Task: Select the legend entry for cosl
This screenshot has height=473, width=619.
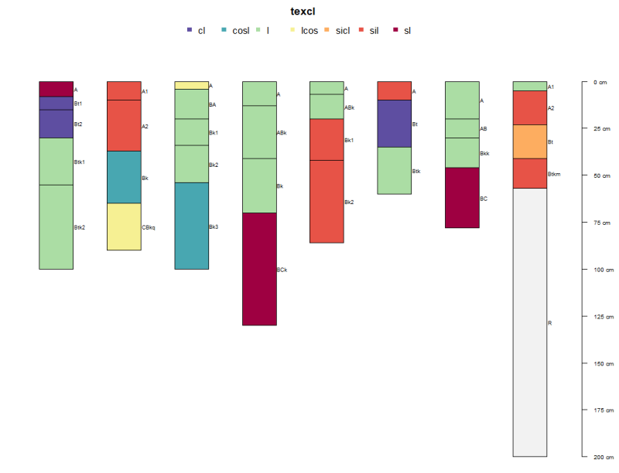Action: point(241,30)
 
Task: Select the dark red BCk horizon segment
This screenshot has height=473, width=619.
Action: point(259,269)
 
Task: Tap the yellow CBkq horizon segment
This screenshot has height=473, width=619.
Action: point(124,226)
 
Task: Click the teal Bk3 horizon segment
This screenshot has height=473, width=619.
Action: point(192,226)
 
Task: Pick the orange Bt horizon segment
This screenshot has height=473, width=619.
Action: point(530,141)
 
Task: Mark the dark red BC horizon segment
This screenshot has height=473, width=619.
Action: point(462,198)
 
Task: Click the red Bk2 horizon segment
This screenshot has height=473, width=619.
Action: point(327,201)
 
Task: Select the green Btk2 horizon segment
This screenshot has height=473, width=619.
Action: point(56,226)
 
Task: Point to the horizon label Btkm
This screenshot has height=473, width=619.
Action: point(554,174)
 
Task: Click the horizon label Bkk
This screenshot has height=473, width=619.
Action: point(484,154)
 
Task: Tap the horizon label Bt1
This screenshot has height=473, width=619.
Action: point(78,103)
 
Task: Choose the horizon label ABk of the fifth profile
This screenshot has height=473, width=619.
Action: point(350,107)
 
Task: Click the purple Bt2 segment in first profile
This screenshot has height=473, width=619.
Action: point(56,124)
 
